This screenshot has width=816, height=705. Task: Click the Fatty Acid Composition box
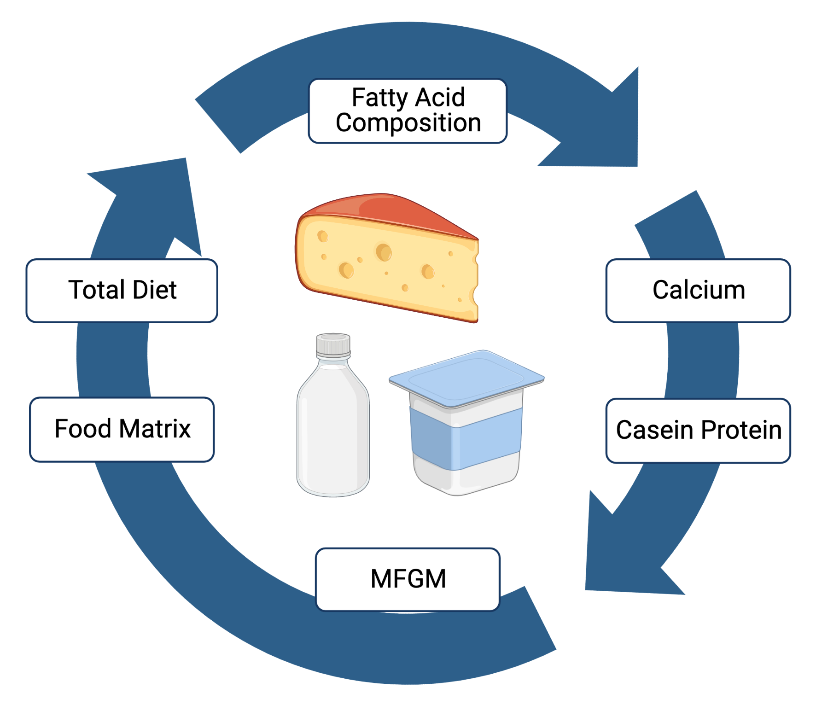point(408,111)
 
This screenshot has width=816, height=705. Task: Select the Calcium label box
point(698,291)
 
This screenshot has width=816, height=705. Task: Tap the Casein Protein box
point(698,431)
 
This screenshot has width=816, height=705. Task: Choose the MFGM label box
point(408,579)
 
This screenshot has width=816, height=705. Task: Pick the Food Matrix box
point(122,429)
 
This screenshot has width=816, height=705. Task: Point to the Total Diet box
point(122,291)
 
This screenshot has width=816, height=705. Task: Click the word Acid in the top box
point(440,98)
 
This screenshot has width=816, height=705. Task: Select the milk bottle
point(333,428)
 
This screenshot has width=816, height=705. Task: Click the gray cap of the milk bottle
point(333,345)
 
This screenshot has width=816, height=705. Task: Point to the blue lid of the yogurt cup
point(466,378)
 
